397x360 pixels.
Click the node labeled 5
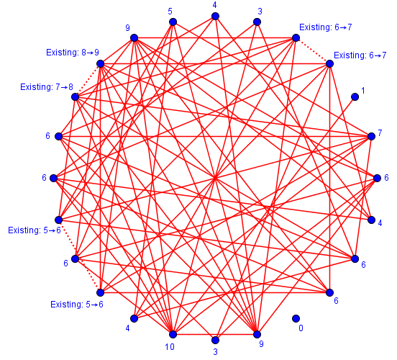[x=173, y=22]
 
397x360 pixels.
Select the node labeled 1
[x=355, y=97]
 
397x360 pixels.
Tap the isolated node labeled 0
[x=296, y=318]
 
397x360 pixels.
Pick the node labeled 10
[x=173, y=334]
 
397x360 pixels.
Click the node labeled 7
[x=371, y=136]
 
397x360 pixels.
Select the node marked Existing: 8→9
[x=101, y=63]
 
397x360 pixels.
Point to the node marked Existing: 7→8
[x=76, y=97]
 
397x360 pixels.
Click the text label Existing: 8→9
[x=73, y=53]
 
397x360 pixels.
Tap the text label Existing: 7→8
[x=47, y=87]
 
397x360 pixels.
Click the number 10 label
[x=170, y=347]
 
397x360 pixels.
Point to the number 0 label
[x=301, y=328]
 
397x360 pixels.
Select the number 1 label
[x=363, y=91]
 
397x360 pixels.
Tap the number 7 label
[x=380, y=133]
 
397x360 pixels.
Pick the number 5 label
[x=170, y=12]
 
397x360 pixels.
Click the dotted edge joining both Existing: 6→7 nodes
[x=313, y=50]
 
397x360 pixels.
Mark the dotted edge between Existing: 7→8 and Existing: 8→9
[x=88, y=81]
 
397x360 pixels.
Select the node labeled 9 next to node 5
[x=134, y=38]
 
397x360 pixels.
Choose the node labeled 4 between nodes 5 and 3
[x=215, y=17]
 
